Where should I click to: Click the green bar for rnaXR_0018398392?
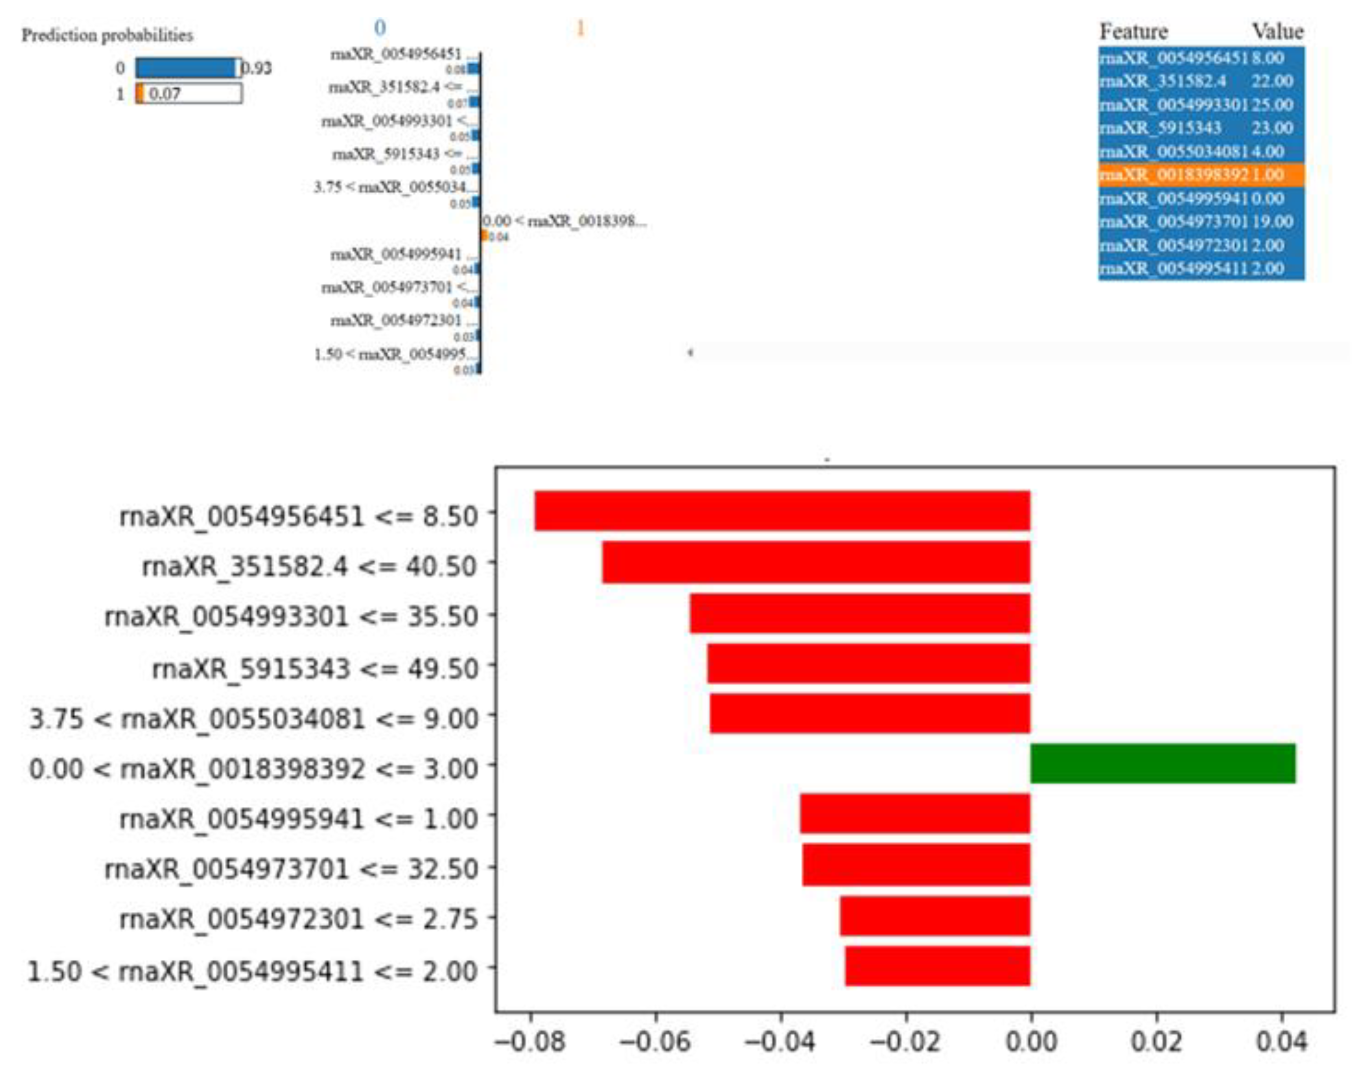click(x=1162, y=763)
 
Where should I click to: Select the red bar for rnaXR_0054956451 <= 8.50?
click(x=782, y=510)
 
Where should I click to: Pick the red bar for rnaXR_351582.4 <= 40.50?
click(x=816, y=562)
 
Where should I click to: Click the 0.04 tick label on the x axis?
click(x=1281, y=1042)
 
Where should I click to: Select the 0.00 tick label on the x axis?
click(x=1031, y=1042)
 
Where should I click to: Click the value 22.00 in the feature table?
click(x=1272, y=81)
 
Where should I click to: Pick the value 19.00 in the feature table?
click(x=1272, y=222)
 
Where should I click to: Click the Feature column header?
click(x=1133, y=32)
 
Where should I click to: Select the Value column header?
click(x=1278, y=32)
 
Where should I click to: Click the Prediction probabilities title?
click(x=108, y=35)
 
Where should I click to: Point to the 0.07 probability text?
click(x=165, y=94)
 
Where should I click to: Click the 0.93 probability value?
click(x=257, y=68)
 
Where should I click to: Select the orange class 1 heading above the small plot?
click(x=580, y=28)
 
